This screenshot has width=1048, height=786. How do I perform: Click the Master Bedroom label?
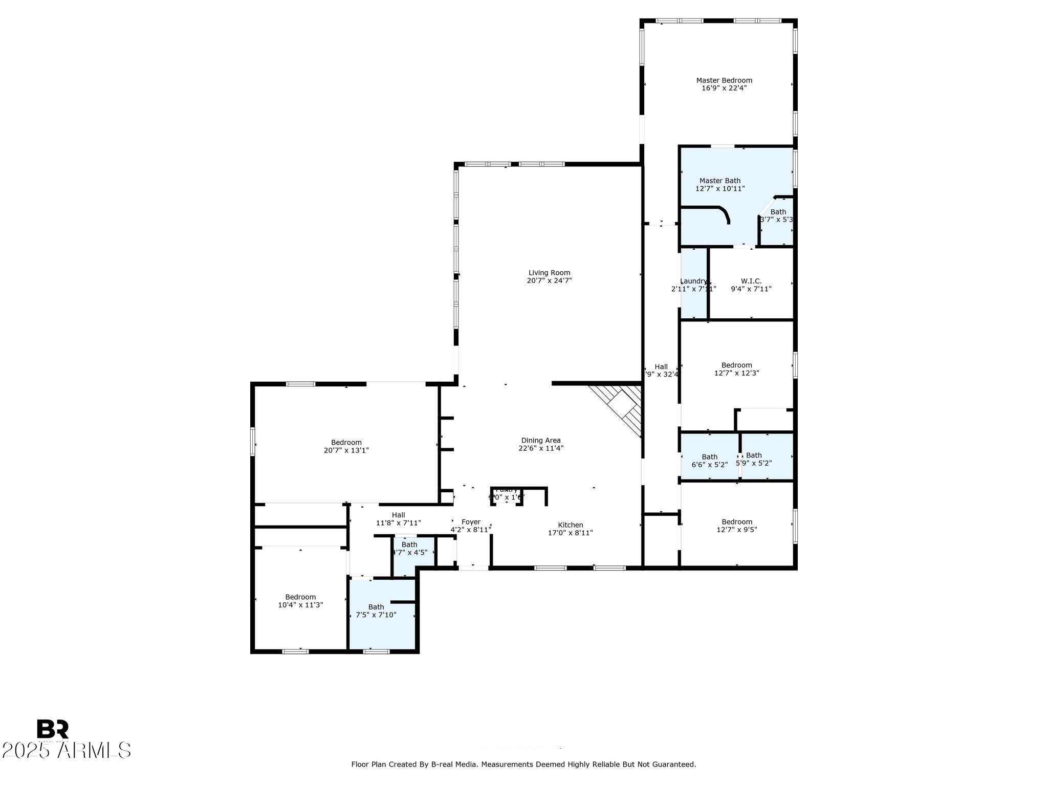pyautogui.click(x=724, y=80)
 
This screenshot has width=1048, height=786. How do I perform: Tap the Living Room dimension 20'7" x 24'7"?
pyautogui.click(x=549, y=280)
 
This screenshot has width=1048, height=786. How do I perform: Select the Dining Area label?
pyautogui.click(x=541, y=440)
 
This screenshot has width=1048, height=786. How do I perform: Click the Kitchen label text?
pyautogui.click(x=570, y=525)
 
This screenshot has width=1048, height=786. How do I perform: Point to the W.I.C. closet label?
pyautogui.click(x=751, y=281)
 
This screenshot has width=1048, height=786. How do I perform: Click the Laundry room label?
pyautogui.click(x=693, y=281)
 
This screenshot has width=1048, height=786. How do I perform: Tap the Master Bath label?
pyautogui.click(x=719, y=181)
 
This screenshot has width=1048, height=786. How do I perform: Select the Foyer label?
pyautogui.click(x=471, y=522)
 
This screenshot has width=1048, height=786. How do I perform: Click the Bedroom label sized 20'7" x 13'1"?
pyautogui.click(x=346, y=443)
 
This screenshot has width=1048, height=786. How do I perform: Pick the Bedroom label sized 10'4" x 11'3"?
pyautogui.click(x=300, y=597)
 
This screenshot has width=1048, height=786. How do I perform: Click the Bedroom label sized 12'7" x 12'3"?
pyautogui.click(x=736, y=365)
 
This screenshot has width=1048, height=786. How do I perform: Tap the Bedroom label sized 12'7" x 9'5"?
pyautogui.click(x=736, y=522)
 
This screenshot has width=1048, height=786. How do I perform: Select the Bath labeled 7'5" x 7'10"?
pyautogui.click(x=376, y=607)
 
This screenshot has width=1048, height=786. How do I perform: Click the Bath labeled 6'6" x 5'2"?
pyautogui.click(x=709, y=457)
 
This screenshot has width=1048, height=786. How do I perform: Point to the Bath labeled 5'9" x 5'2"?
pyautogui.click(x=754, y=455)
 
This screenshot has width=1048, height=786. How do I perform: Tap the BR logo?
pyautogui.click(x=52, y=729)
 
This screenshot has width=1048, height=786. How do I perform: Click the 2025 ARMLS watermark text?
pyautogui.click(x=66, y=751)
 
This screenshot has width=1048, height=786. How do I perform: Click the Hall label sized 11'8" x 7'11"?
pyautogui.click(x=398, y=515)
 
